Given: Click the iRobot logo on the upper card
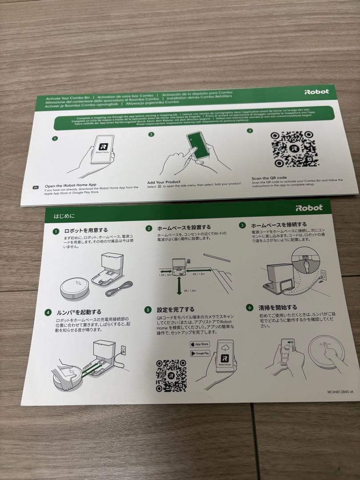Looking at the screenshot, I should click(x=316, y=92).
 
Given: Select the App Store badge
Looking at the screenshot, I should click(x=200, y=344).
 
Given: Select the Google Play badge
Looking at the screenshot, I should click(x=200, y=353).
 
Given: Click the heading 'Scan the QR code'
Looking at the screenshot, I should click(x=270, y=178).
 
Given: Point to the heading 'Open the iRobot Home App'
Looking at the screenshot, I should click(x=71, y=185).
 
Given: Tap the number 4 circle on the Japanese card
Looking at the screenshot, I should click(x=48, y=312).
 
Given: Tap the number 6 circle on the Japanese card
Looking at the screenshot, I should click(x=250, y=307).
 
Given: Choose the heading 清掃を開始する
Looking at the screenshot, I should click(x=278, y=307).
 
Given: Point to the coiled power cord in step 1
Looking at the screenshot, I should click(x=120, y=290).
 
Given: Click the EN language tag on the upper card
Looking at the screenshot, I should click(x=36, y=188).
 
